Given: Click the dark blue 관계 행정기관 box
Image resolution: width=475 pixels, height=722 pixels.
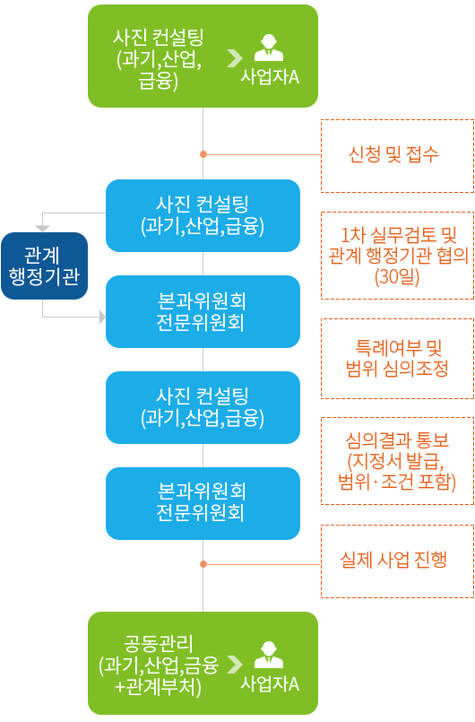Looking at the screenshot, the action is (x=44, y=265).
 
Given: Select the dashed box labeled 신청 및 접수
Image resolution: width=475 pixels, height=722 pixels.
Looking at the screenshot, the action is (x=397, y=156).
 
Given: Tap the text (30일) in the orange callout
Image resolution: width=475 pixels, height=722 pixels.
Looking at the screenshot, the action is (x=397, y=277).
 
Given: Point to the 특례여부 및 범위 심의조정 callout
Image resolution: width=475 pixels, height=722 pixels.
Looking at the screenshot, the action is (x=397, y=358).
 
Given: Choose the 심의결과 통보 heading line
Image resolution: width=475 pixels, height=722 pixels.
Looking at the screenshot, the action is (x=397, y=440).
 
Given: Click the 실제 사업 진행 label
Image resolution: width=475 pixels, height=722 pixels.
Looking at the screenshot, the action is (x=393, y=560).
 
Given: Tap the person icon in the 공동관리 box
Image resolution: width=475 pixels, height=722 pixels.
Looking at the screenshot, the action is (x=269, y=655).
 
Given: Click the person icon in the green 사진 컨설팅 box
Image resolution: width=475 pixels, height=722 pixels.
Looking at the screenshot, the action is (x=269, y=48).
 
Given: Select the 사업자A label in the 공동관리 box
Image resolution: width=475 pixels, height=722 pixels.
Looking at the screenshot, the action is (x=270, y=683).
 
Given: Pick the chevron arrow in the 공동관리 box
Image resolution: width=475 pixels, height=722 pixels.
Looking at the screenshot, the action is (x=235, y=664).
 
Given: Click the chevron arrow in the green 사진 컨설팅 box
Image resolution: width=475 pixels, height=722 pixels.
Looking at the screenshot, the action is (x=235, y=58).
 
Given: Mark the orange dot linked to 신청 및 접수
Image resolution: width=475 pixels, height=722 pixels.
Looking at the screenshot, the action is (x=203, y=154).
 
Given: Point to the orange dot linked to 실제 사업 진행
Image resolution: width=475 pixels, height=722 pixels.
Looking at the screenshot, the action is (x=203, y=564).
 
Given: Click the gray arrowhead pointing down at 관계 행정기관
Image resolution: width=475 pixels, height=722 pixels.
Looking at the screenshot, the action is (x=43, y=229).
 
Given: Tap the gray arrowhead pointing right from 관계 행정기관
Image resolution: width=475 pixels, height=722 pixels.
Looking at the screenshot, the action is (x=103, y=317).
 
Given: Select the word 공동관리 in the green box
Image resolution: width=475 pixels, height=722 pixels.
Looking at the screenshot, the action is (x=159, y=643).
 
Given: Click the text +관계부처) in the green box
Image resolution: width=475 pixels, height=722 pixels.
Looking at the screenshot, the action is (x=159, y=687).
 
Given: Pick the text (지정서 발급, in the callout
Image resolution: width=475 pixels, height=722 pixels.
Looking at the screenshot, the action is (x=396, y=460).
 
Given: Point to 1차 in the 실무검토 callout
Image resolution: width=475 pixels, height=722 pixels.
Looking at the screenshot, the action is (x=351, y=235).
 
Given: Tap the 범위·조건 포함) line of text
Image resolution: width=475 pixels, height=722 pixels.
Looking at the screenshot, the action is (x=397, y=482).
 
